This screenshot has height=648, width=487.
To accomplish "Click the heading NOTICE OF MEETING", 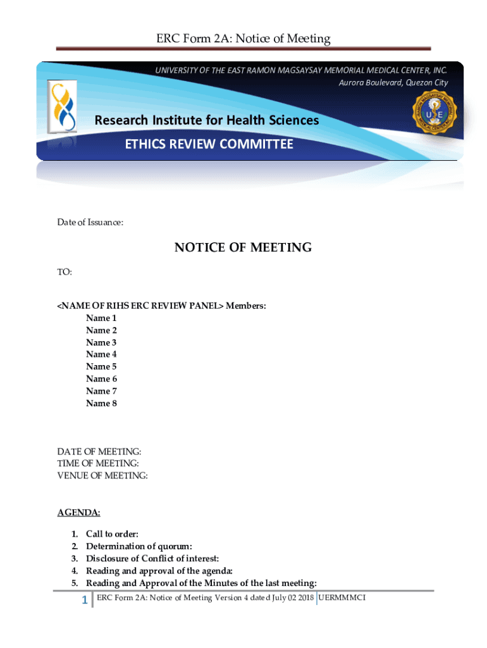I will [x=243, y=247].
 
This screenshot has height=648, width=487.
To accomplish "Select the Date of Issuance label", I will [x=90, y=222].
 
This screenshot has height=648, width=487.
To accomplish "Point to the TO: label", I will [x=65, y=272].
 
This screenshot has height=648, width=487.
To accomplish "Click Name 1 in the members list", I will [x=101, y=318].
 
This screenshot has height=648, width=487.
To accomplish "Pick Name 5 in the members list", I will [x=101, y=366].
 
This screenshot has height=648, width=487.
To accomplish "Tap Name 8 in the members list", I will [x=101, y=403].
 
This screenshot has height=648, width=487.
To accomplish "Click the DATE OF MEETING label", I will [x=99, y=452].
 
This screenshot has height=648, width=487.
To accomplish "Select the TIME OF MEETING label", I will [x=98, y=464].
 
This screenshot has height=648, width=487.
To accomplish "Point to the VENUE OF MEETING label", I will [x=102, y=476].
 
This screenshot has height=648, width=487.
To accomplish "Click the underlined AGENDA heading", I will [x=78, y=512].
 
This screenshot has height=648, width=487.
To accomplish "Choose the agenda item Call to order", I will [x=112, y=534].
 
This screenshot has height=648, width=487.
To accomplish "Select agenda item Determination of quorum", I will [x=139, y=546].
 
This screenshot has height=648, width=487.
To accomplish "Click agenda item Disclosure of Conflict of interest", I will [x=152, y=558].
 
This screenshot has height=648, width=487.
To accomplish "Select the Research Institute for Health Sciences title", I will [x=207, y=120].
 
